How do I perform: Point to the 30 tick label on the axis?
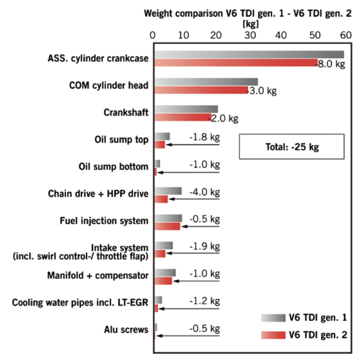(x=250, y=35)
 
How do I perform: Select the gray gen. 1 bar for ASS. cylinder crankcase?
(x=249, y=55)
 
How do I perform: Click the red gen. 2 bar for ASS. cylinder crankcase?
(x=236, y=63)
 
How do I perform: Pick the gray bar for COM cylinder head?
(x=206, y=82)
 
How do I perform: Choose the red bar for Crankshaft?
(x=183, y=117)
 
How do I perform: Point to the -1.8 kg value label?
(x=204, y=137)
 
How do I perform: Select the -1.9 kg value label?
(x=204, y=246)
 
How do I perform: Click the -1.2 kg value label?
(x=204, y=301)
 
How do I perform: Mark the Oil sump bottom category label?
(x=113, y=167)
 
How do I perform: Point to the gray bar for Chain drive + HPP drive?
(x=168, y=191)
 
